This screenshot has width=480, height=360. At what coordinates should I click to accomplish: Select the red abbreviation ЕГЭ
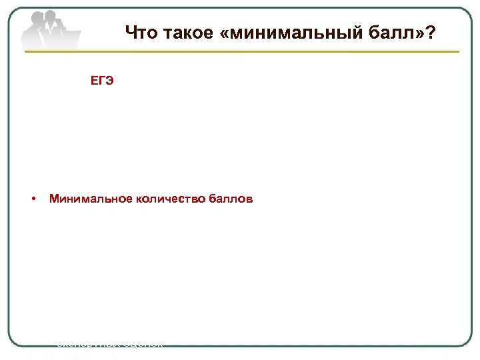pos(103,81)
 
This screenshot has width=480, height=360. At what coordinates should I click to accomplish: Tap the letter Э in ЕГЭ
pos(110,81)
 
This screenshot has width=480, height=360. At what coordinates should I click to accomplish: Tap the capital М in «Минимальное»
pos(54,198)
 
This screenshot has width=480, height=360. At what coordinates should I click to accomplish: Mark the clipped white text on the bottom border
pos(109,345)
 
